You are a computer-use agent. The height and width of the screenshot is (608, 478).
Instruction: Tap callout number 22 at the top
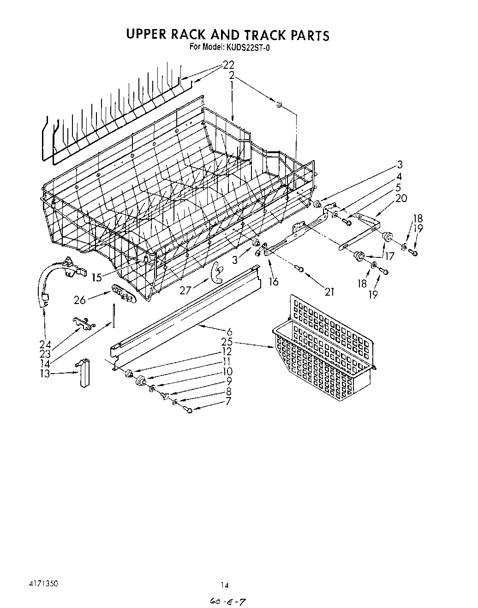coord(228,65)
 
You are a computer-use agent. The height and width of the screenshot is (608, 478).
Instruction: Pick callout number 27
coord(185,291)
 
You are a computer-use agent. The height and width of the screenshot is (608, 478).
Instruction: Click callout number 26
coord(79,300)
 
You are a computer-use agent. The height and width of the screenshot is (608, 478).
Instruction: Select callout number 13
coord(45,374)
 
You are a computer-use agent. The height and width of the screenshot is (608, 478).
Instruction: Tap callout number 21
coord(329,292)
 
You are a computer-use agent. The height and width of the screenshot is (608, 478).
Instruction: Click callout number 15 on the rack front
coord(96,277)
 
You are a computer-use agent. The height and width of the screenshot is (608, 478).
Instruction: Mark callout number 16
coord(274,281)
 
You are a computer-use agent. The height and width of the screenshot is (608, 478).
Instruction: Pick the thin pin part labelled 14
coord(113,316)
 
